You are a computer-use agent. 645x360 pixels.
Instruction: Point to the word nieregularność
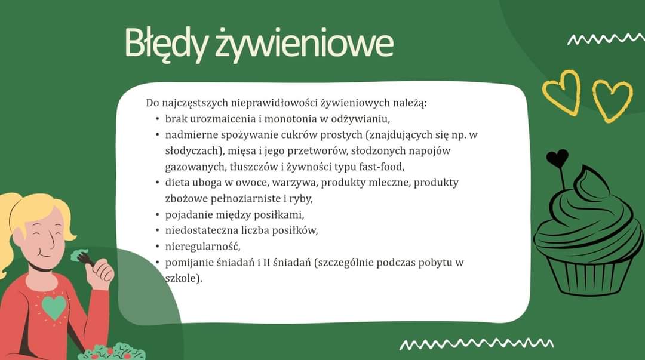coord(203,247)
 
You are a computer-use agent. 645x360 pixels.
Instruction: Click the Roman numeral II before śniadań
coord(266,263)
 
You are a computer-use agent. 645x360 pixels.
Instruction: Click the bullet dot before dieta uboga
coord(157,182)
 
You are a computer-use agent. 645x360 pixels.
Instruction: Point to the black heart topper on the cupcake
coord(557,158)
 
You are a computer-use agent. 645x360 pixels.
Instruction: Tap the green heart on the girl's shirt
coord(54,307)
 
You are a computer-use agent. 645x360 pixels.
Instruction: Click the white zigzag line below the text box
coord(477,343)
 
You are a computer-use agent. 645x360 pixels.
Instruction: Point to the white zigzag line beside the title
coord(606,39)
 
